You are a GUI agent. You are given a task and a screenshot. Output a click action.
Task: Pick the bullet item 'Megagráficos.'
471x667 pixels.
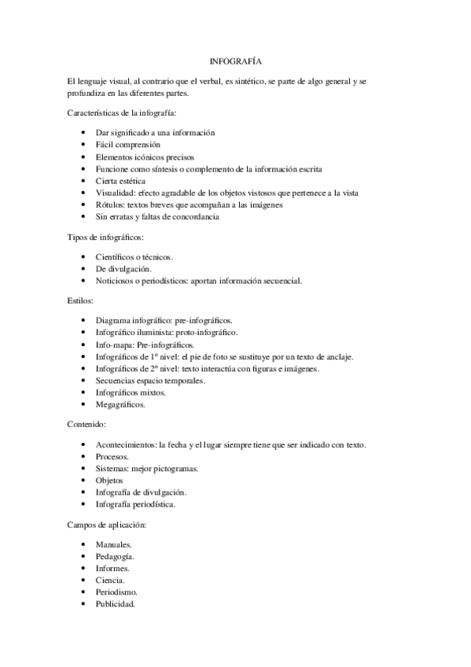coord(120,404)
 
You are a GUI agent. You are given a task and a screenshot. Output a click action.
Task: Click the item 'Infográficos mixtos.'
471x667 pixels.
coord(132,392)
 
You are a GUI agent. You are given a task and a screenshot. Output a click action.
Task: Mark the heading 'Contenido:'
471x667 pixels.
coord(89,425)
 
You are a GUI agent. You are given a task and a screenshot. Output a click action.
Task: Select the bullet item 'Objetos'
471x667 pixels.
coord(109,480)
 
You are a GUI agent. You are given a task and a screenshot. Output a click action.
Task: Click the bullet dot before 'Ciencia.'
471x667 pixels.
coord(84,580)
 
